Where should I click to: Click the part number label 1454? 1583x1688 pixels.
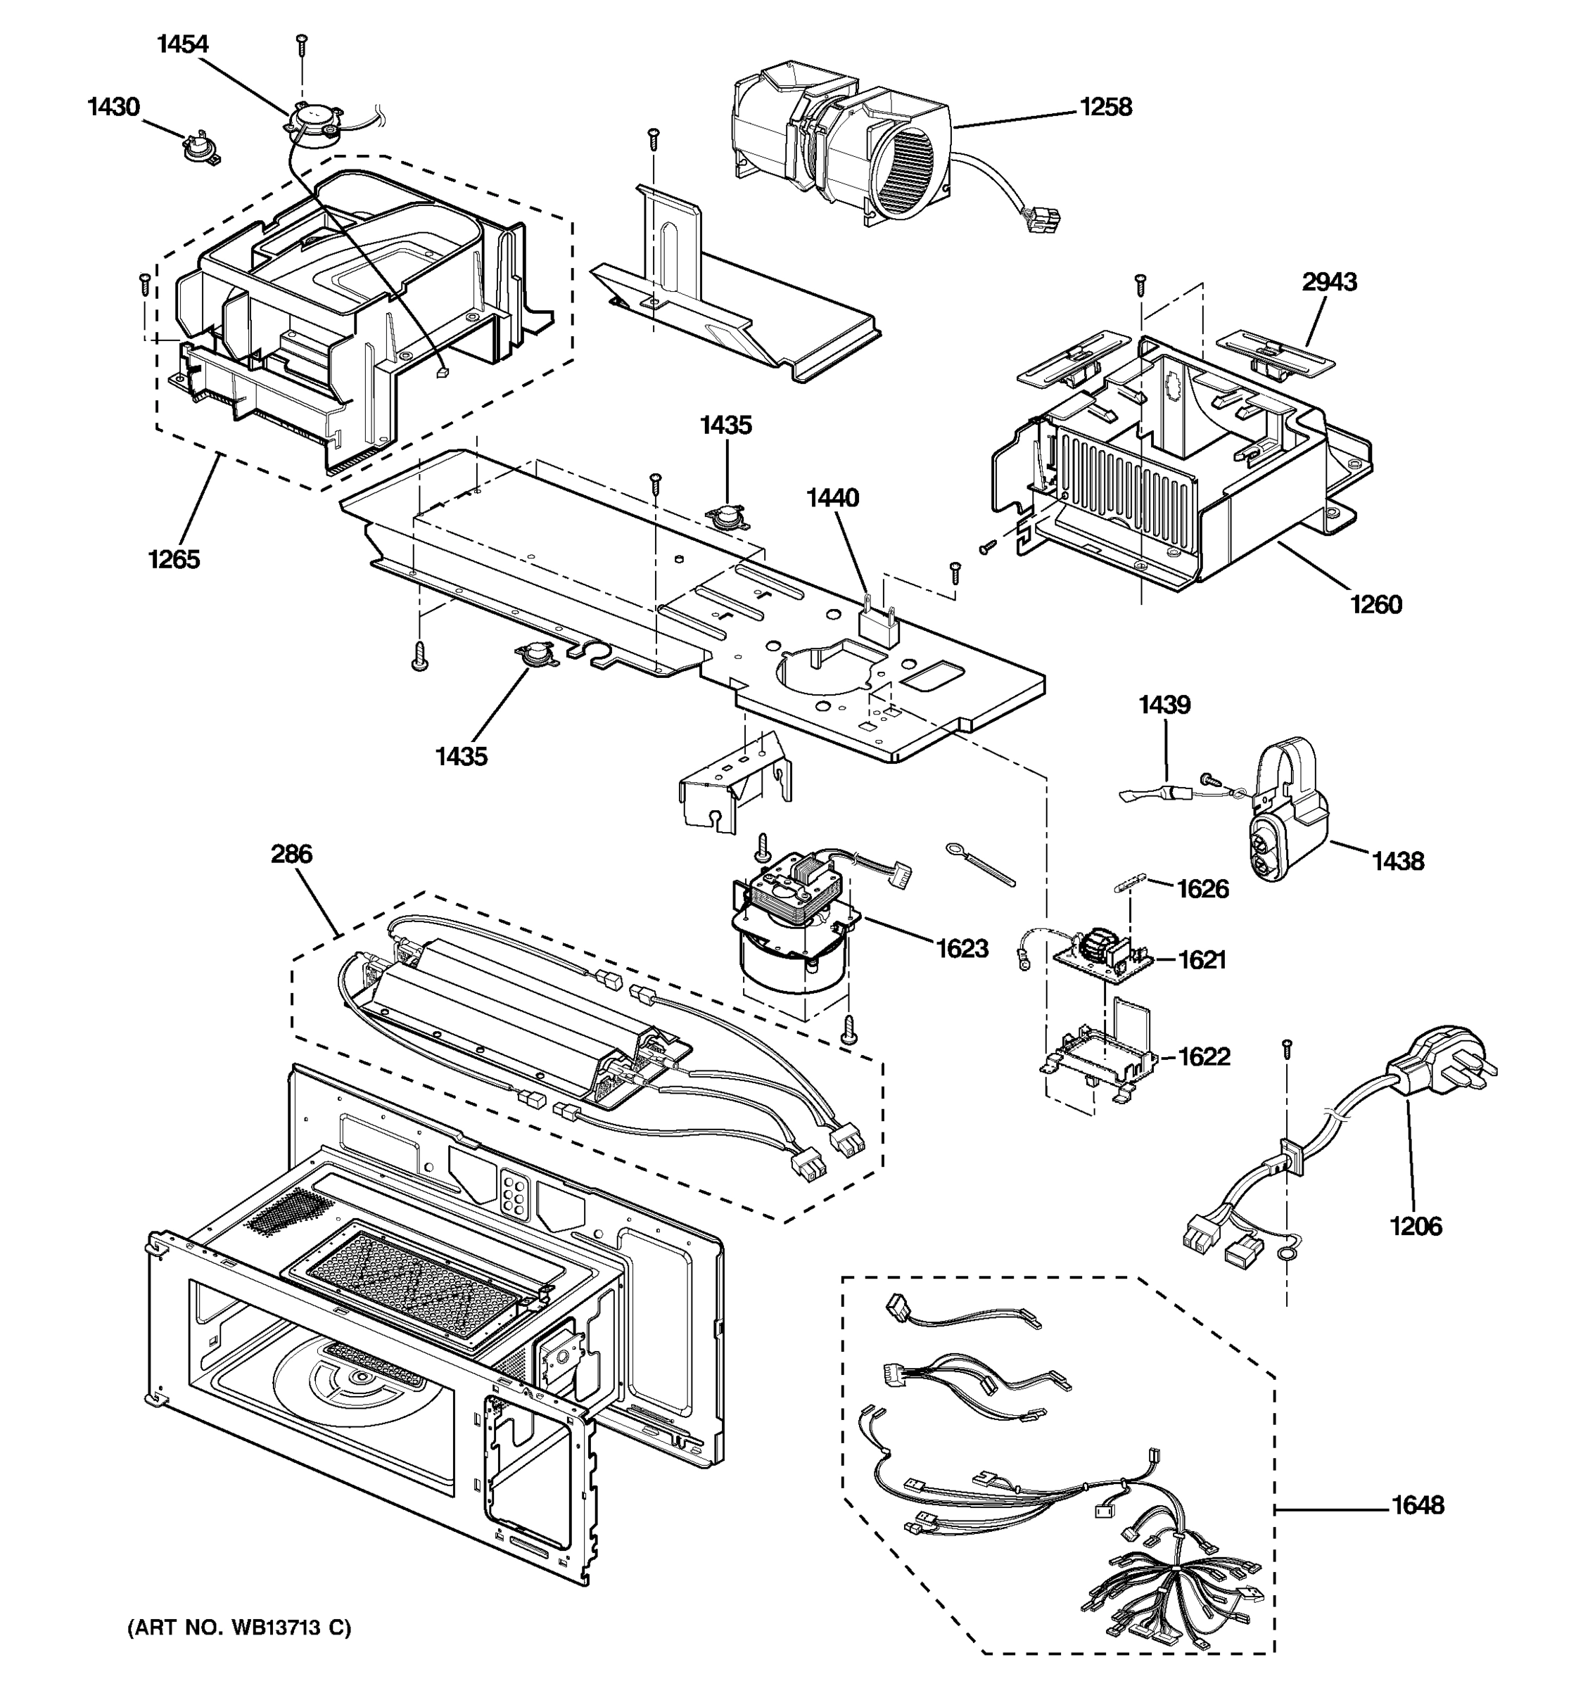[183, 44]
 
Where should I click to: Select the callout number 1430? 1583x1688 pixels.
[113, 107]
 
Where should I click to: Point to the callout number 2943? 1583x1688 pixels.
[1329, 282]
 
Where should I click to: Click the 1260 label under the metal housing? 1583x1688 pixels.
[1375, 605]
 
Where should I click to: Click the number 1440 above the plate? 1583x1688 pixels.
[832, 497]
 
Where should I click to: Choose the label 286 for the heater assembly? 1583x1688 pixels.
[291, 854]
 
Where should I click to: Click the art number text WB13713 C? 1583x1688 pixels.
[239, 1628]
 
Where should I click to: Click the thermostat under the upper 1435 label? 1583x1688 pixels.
[726, 516]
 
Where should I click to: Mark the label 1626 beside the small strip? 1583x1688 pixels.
[1202, 889]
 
